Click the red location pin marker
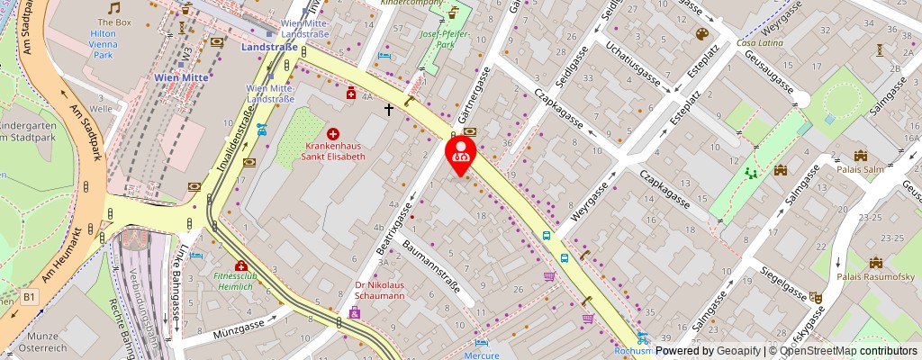tap(462, 153)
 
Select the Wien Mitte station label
tap(181, 77)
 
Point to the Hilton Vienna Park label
tap(115, 42)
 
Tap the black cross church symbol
tap(389, 110)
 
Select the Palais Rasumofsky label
tap(874, 277)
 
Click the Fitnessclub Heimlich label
tap(241, 281)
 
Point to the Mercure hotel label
tap(482, 354)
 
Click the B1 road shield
tap(30, 295)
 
